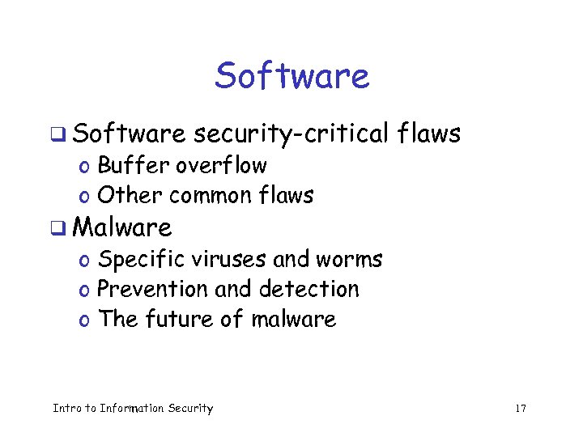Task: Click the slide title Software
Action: (291, 77)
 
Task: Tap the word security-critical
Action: (292, 134)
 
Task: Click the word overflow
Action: (221, 166)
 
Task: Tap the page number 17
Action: (520, 409)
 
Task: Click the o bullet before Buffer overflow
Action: (84, 168)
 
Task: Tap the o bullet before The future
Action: (84, 320)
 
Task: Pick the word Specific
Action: (141, 260)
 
